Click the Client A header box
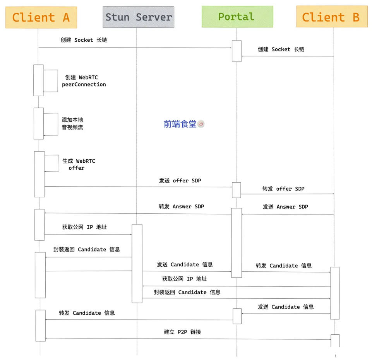click(x=41, y=17)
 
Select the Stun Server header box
click(x=138, y=17)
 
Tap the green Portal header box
click(x=237, y=17)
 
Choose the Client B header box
click(x=332, y=17)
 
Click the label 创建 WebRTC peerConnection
click(x=83, y=81)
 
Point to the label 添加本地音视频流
click(x=72, y=123)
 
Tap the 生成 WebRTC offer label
click(x=79, y=164)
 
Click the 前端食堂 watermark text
click(x=180, y=124)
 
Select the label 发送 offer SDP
click(x=180, y=180)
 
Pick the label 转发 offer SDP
click(x=283, y=189)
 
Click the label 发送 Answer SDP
click(x=285, y=207)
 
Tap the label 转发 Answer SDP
click(x=181, y=206)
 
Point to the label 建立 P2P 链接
click(x=182, y=332)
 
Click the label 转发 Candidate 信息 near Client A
click(x=87, y=313)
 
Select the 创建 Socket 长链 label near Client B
click(x=281, y=49)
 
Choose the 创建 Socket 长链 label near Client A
click(x=83, y=40)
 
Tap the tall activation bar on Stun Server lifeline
click(x=137, y=263)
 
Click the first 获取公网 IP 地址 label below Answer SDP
click(x=84, y=227)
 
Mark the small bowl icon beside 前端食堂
click(x=201, y=124)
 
